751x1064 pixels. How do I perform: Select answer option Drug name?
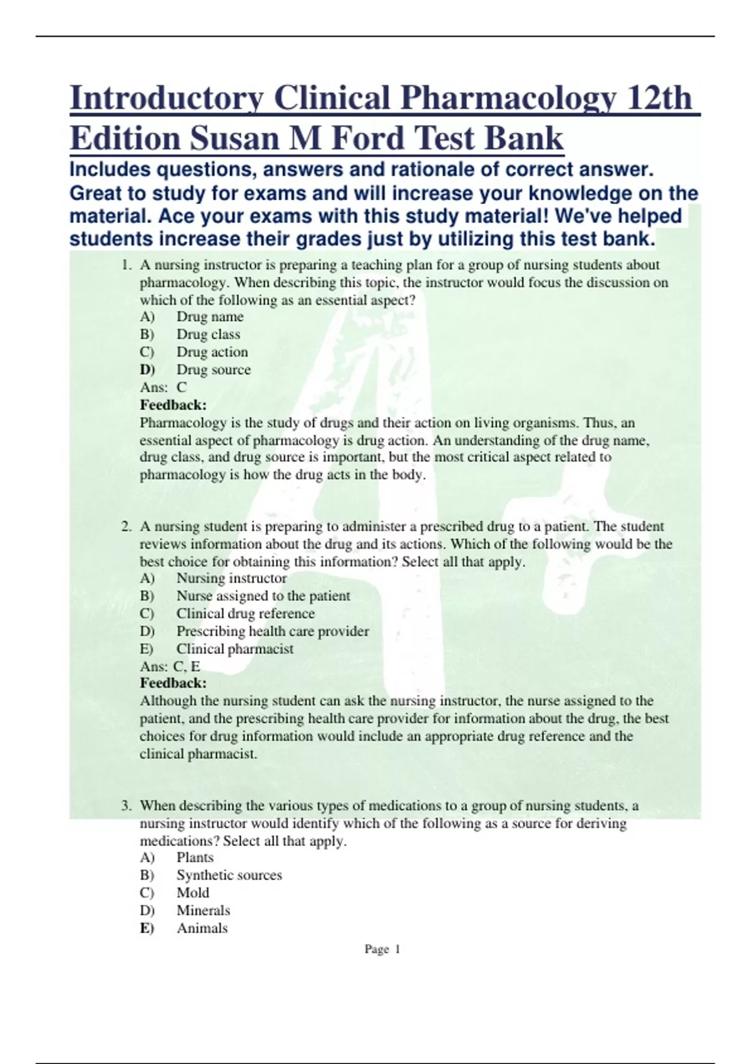[x=210, y=317]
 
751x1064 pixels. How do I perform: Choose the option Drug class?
[x=208, y=334]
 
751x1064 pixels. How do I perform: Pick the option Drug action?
[x=212, y=352]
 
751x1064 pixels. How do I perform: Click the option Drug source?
[x=213, y=370]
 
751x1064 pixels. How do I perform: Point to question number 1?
[x=126, y=265]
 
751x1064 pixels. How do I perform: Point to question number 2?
[x=126, y=526]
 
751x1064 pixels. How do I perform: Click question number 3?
[x=126, y=806]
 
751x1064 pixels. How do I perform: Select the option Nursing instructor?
[x=232, y=578]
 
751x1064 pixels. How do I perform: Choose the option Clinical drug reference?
[x=245, y=613]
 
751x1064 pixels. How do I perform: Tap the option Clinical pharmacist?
[x=235, y=649]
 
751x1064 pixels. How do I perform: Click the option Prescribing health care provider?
[x=272, y=631]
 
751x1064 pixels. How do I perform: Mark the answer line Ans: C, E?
[x=170, y=667]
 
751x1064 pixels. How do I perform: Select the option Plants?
[x=195, y=857]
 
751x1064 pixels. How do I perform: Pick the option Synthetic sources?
[x=229, y=875]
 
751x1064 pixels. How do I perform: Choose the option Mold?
[x=193, y=893]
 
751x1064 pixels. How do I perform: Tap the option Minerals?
[x=203, y=910]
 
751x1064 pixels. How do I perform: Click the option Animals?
[x=202, y=928]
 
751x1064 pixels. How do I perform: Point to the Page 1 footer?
[x=382, y=949]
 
